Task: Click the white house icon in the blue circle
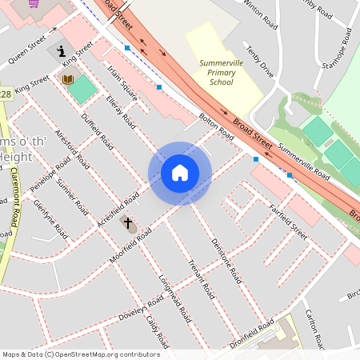[180, 173]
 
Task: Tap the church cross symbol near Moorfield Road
[127, 223]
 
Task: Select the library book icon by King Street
[68, 78]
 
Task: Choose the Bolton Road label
[215, 128]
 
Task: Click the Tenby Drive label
[261, 62]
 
